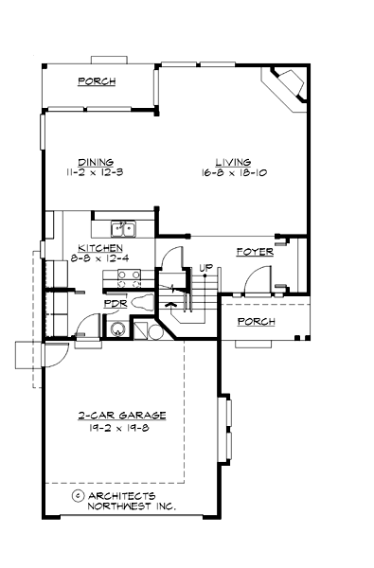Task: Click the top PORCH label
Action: [x=97, y=82]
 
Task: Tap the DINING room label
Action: [x=96, y=162]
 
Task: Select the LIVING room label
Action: [x=233, y=162]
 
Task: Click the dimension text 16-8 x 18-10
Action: [x=233, y=174]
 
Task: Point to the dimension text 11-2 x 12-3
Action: [x=96, y=174]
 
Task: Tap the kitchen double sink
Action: [x=123, y=228]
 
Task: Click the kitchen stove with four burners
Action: [x=129, y=277]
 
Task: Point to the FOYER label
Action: [x=255, y=253]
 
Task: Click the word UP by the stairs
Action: [x=204, y=269]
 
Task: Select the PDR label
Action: [x=115, y=305]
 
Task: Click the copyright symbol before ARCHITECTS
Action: [x=76, y=495]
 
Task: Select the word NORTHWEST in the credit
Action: [x=117, y=506]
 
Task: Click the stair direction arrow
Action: [x=171, y=305]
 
